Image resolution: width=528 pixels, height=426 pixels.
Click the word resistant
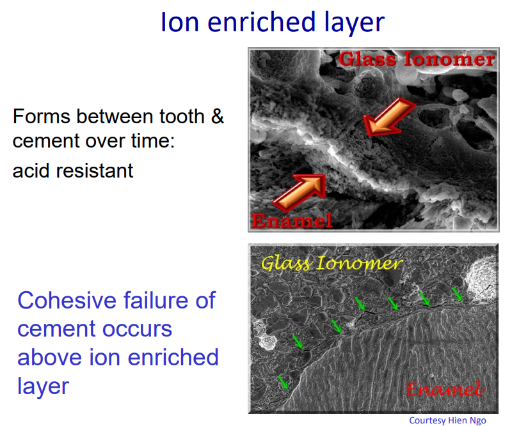pos(97,171)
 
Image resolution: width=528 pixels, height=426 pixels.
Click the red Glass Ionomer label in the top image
pos(417,59)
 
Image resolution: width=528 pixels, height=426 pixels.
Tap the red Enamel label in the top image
pos(292,220)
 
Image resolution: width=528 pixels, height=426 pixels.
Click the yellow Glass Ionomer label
pos(332,262)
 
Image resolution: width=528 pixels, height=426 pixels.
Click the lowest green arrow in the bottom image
pos(283,383)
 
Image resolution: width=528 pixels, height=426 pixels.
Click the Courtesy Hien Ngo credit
pos(447,420)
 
